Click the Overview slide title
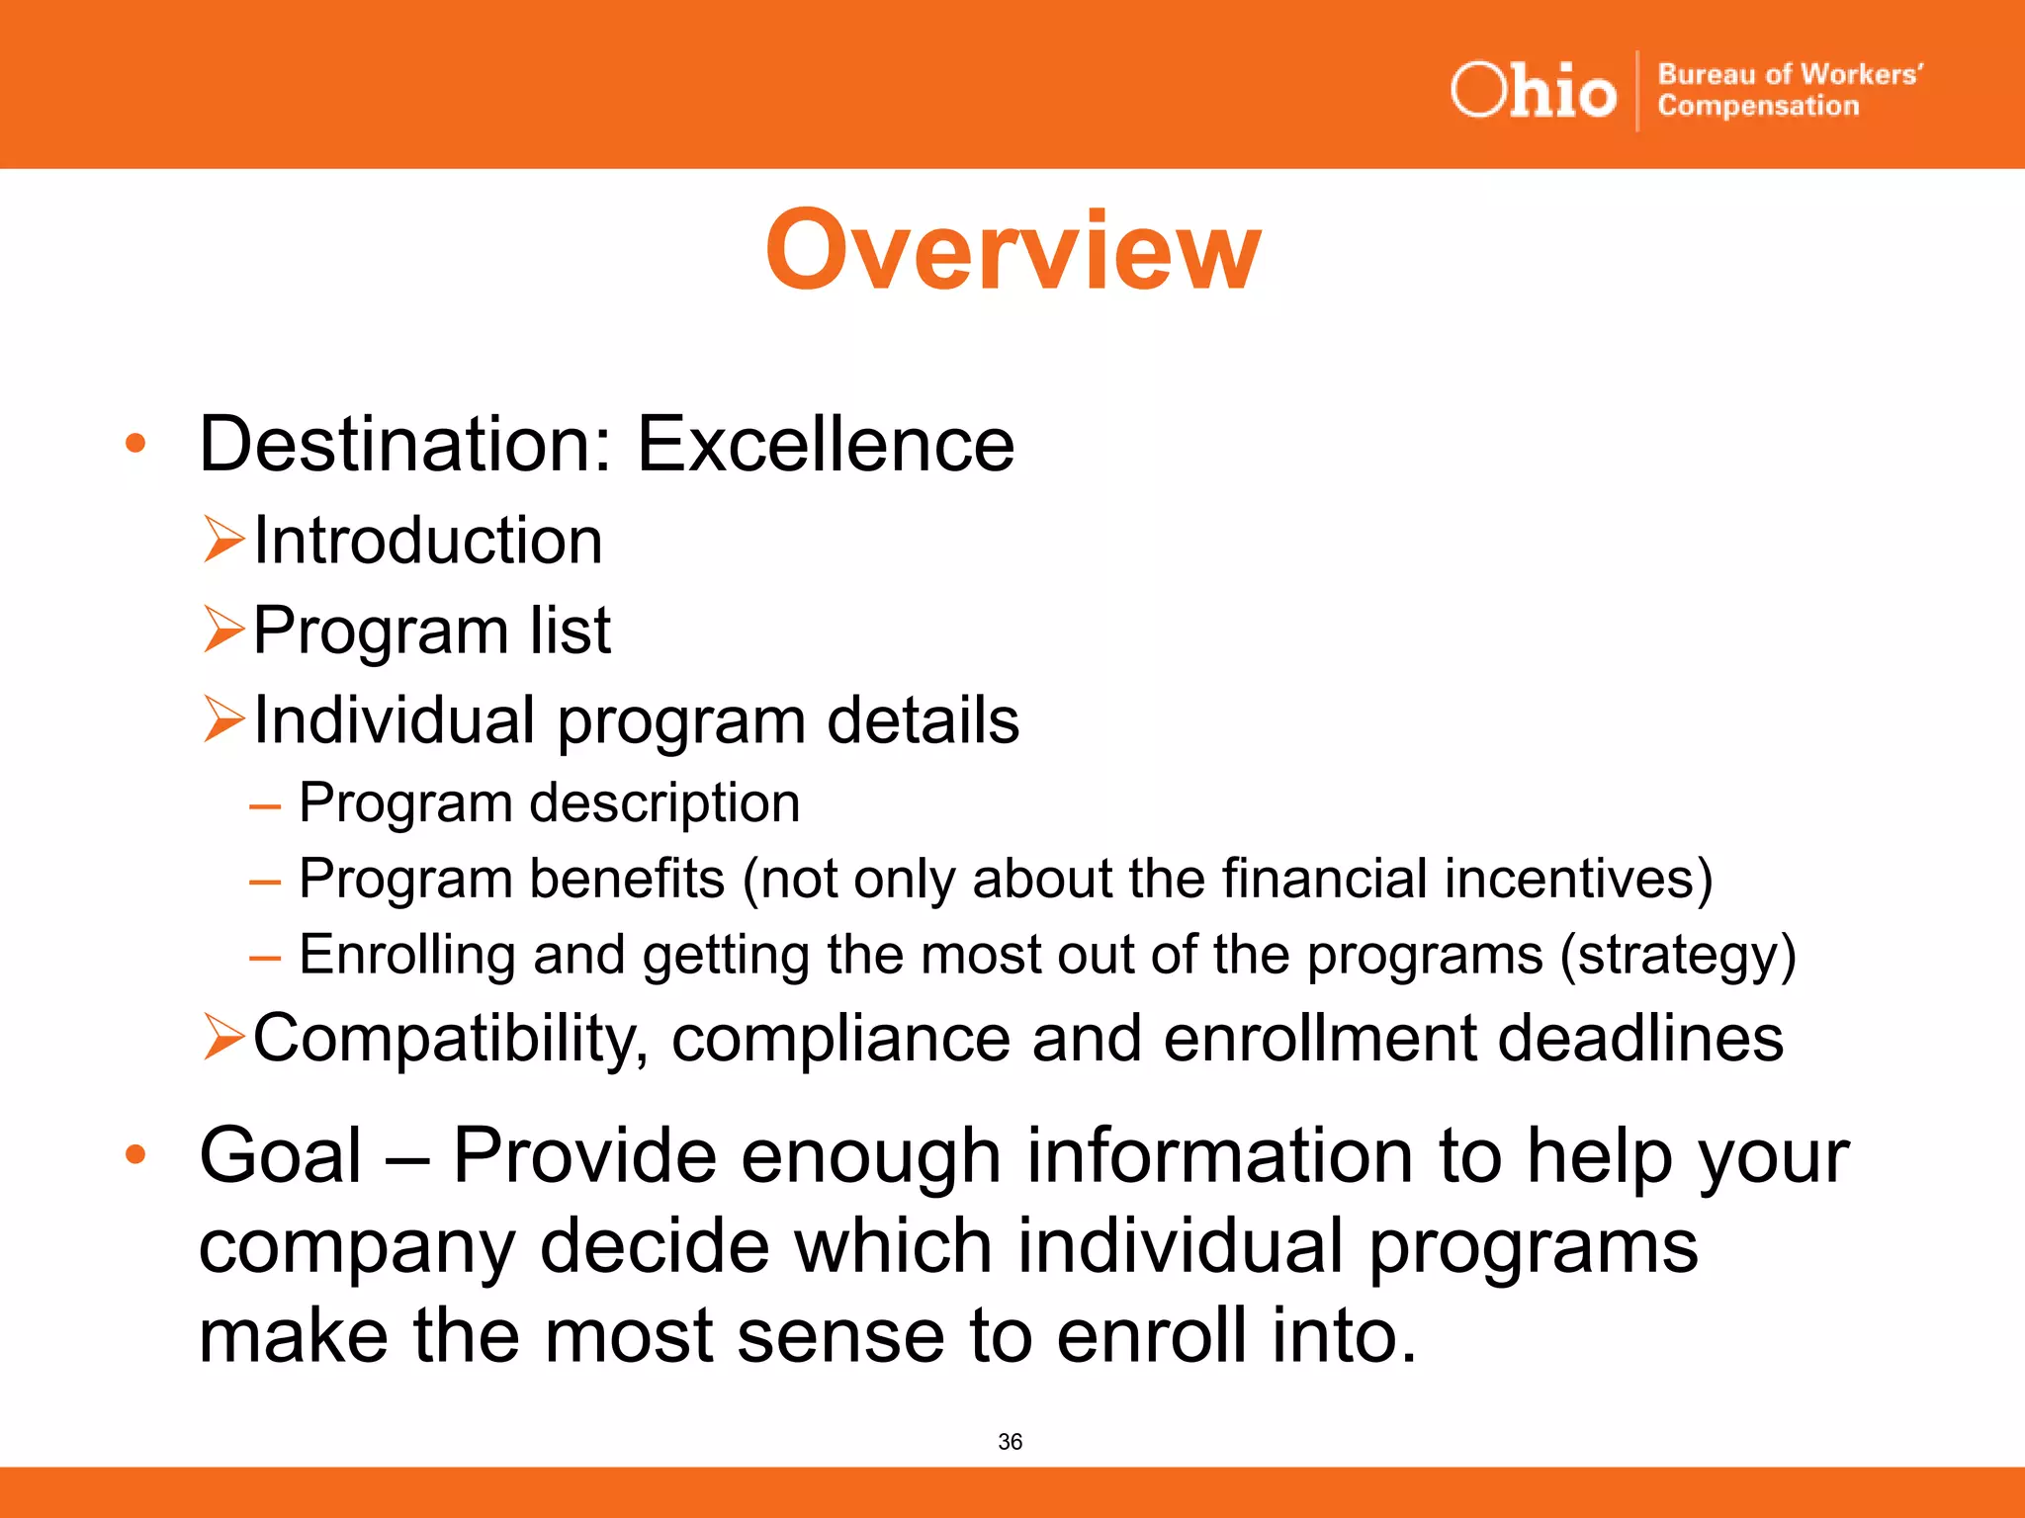pyautogui.click(x=1012, y=251)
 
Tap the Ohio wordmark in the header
pyautogui.click(x=1533, y=91)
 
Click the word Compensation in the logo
pyautogui.click(x=1758, y=106)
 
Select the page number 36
pyautogui.click(x=1010, y=1442)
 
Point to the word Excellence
pyautogui.click(x=825, y=444)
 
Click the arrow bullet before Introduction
pyautogui.click(x=223, y=540)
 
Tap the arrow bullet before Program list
pyautogui.click(x=223, y=630)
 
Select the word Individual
pyautogui.click(x=395, y=719)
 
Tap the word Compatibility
pyautogui.click(x=451, y=1039)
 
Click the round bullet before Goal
pyautogui.click(x=135, y=1153)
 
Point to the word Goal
pyautogui.click(x=280, y=1155)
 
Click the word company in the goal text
pyautogui.click(x=357, y=1247)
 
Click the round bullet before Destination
pyautogui.click(x=135, y=444)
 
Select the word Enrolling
pyautogui.click(x=406, y=956)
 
